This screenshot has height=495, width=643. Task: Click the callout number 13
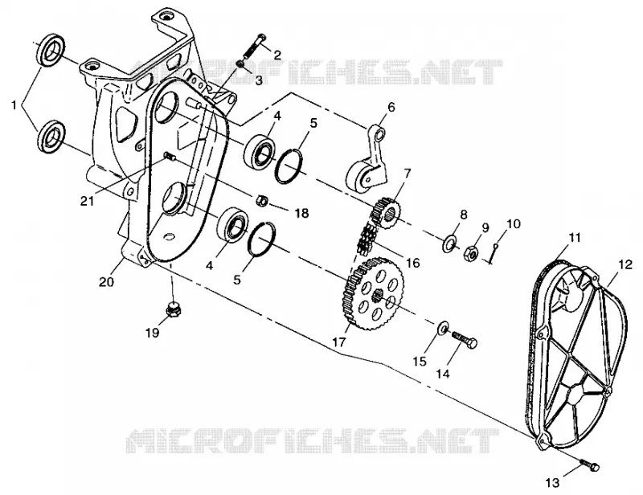553,483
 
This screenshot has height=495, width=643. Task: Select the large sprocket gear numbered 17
372,292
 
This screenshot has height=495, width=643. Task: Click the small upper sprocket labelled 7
386,211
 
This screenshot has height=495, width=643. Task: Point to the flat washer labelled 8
449,243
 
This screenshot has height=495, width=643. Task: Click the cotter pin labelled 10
493,253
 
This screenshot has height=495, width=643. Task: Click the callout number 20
107,282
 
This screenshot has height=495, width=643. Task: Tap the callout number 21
88,202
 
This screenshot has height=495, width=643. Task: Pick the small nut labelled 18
262,201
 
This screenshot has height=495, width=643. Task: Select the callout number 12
626,265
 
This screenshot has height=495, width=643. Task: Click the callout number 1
14,105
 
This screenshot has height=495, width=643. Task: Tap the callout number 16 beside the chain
413,263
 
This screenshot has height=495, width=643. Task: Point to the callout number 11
575,237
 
